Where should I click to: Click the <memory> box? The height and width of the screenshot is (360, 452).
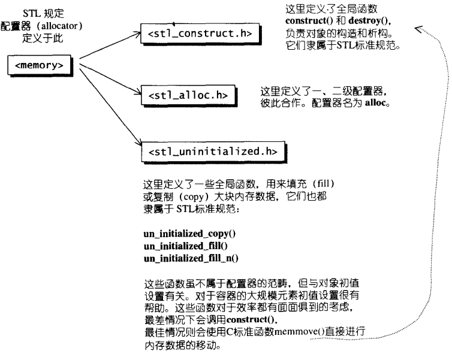point(41,63)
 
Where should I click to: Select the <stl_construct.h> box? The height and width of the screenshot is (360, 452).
point(200,35)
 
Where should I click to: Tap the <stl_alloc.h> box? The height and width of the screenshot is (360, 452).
point(187,94)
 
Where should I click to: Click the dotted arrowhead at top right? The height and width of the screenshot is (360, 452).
point(420,27)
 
